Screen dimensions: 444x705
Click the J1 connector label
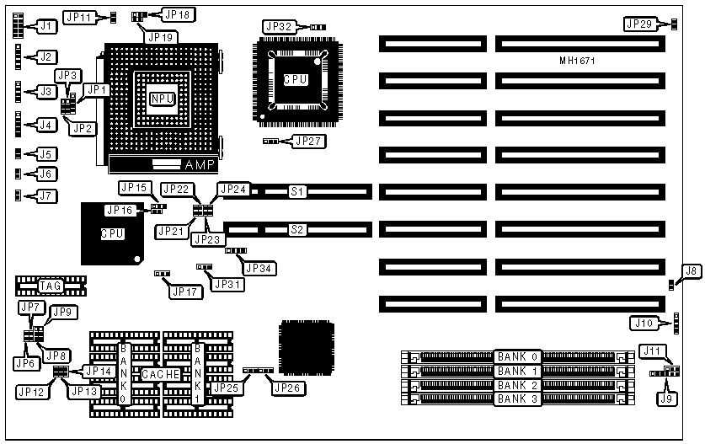tap(47, 26)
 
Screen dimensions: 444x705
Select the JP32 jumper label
tap(279, 27)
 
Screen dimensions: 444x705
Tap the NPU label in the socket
tap(162, 99)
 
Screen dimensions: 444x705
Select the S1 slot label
tap(297, 192)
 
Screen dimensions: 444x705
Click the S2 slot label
tap(296, 228)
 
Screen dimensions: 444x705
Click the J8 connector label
tap(690, 271)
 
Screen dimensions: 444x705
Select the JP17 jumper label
tap(186, 292)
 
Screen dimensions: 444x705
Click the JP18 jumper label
tap(178, 14)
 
